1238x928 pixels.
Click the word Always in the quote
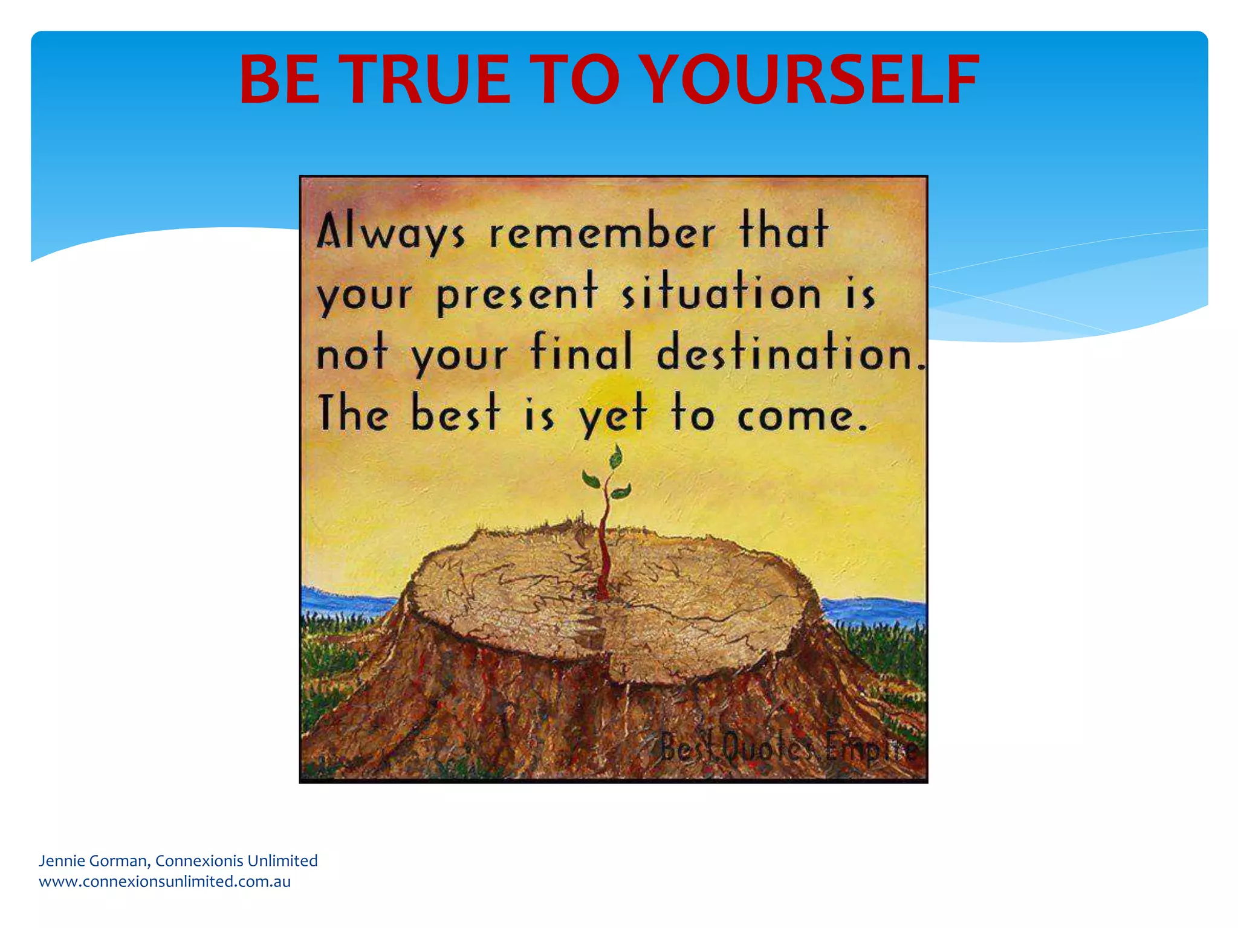[391, 233]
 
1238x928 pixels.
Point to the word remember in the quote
[602, 233]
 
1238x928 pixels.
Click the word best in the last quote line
[456, 414]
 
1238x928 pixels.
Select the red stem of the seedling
[603, 544]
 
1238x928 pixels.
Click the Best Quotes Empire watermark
[788, 749]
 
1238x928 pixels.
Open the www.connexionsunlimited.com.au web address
[164, 881]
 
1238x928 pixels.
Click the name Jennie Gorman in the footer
[92, 860]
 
